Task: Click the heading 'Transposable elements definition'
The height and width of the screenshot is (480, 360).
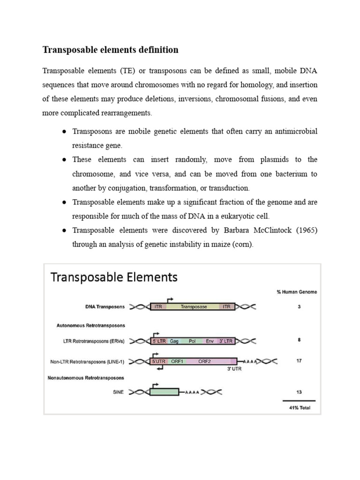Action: tap(110, 50)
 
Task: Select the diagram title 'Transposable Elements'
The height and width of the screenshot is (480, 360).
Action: tap(114, 277)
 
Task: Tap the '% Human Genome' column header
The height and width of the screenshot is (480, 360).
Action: tap(297, 292)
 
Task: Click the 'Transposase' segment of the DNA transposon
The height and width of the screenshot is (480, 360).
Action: tap(194, 307)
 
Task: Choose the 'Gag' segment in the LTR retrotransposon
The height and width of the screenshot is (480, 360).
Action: tap(174, 341)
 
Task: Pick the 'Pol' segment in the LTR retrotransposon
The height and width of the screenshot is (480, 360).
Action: tap(192, 341)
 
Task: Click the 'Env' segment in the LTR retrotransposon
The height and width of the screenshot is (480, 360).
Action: tap(210, 341)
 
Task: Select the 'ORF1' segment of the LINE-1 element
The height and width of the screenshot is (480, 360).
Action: tap(177, 361)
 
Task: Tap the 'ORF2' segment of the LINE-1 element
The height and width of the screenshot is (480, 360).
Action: tap(205, 361)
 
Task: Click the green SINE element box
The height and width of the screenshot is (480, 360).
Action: tap(164, 392)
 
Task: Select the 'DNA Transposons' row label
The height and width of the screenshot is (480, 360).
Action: tap(105, 307)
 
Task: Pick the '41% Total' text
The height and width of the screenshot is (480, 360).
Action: tap(299, 407)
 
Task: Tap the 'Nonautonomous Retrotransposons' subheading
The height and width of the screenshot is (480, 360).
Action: tap(86, 377)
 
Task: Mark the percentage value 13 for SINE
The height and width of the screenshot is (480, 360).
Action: tap(299, 392)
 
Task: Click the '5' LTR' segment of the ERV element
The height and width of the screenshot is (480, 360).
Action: tap(159, 341)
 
